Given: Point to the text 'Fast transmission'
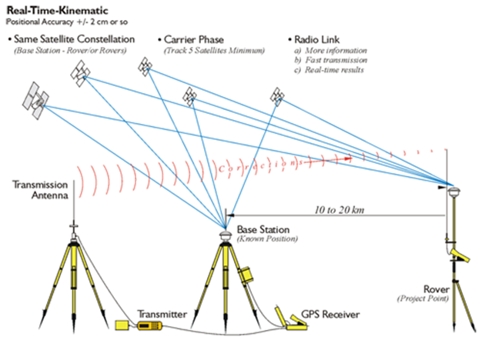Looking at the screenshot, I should coord(336,60).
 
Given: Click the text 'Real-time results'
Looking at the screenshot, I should coord(336,70).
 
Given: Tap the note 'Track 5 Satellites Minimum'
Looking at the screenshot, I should coord(215,49).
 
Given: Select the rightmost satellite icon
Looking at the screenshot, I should coord(277,97).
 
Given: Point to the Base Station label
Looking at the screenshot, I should coord(263,229).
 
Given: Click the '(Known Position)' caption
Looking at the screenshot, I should coord(267,239).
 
